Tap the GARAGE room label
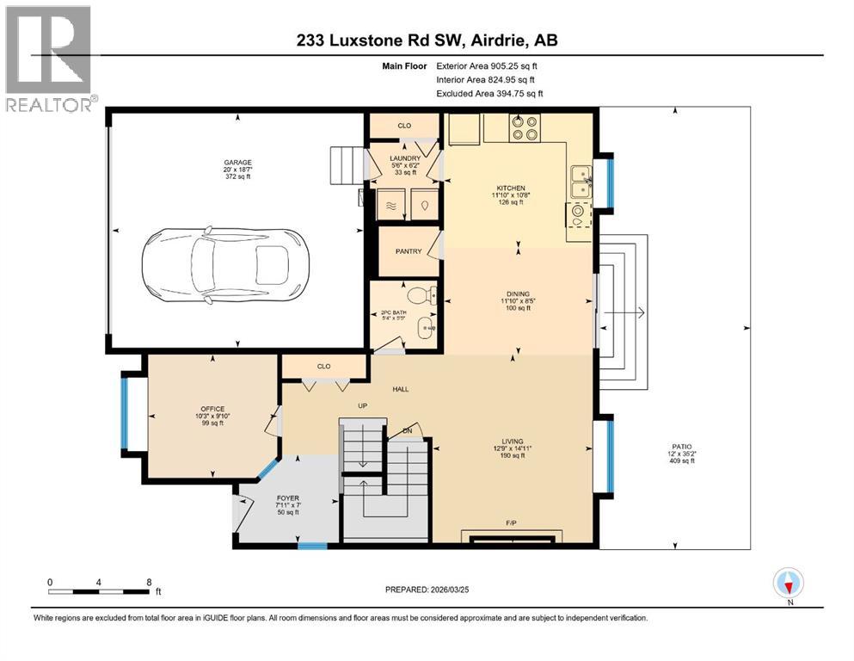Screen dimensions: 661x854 click(x=238, y=162)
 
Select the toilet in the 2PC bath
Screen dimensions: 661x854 click(x=420, y=296)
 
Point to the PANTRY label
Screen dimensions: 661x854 click(x=408, y=252)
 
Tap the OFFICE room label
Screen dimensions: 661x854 click(x=212, y=409)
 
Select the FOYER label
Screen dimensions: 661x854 click(x=286, y=497)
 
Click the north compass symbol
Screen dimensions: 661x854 click(x=789, y=584)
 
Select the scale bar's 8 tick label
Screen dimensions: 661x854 click(x=150, y=582)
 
